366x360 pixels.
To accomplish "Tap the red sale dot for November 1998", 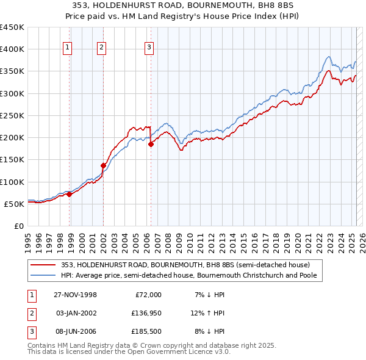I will pyautogui.click(x=70, y=194).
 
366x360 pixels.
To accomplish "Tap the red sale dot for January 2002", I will pyautogui.click(x=103, y=165).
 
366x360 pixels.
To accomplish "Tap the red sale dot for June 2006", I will pyautogui.click(x=151, y=144).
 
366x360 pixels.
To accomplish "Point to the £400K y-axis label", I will pyautogui.click(x=12, y=49).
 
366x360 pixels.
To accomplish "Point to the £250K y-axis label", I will pyautogui.click(x=12, y=115).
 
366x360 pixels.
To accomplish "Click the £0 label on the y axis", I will pyautogui.click(x=18, y=226).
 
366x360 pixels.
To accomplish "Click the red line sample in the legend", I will pyautogui.click(x=43, y=265).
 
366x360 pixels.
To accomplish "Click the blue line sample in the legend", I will pyautogui.click(x=43, y=275).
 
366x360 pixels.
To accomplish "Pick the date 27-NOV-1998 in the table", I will pyautogui.click(x=75, y=295).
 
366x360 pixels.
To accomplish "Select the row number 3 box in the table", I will pyautogui.click(x=31, y=333).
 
